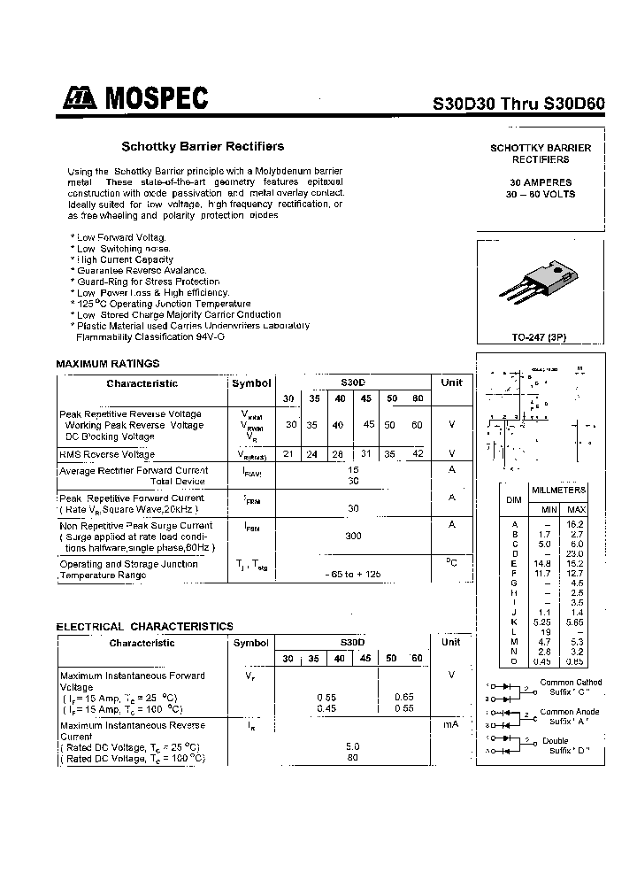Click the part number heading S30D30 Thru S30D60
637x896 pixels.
[518, 103]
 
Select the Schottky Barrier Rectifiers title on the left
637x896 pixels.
[203, 146]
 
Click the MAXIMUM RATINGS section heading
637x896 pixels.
[108, 363]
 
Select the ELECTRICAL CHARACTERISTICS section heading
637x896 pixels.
[145, 626]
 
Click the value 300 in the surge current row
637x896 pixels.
[353, 536]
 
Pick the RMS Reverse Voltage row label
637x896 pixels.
[107, 454]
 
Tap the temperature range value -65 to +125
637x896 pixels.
[353, 574]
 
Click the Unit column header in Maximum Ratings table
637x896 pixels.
[451, 382]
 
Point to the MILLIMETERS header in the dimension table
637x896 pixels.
[558, 490]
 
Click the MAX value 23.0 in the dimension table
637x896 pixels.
[576, 553]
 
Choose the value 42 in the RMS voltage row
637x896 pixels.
[417, 453]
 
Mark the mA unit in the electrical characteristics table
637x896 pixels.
[451, 724]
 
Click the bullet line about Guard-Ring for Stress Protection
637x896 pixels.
[148, 282]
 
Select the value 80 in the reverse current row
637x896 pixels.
[353, 757]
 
